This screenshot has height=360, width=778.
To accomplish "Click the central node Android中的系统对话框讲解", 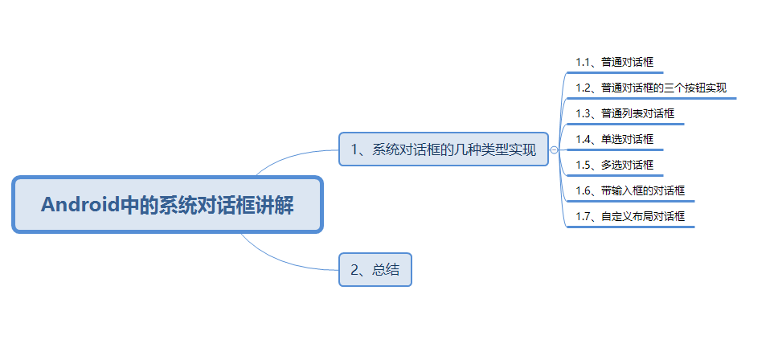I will [x=167, y=205].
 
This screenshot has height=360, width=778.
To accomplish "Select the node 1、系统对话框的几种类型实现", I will [x=444, y=149].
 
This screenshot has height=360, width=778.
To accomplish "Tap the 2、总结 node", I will [x=375, y=270].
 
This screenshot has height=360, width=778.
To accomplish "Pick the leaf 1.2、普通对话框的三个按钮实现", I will [x=651, y=88].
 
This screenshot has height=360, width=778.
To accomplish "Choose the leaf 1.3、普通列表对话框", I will [x=624, y=113].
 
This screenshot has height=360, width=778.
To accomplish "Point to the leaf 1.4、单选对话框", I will [x=614, y=139].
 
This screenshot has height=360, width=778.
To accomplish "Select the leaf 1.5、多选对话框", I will [x=614, y=165].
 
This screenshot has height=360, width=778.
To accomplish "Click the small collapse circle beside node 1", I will [x=555, y=149].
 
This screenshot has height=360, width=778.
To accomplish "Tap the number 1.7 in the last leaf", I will [x=583, y=216].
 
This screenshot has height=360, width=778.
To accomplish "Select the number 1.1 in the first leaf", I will [x=583, y=62].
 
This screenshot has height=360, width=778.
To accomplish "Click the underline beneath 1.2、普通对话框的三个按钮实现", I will [x=651, y=99].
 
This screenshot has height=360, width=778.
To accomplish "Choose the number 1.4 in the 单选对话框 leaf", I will [x=583, y=139].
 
